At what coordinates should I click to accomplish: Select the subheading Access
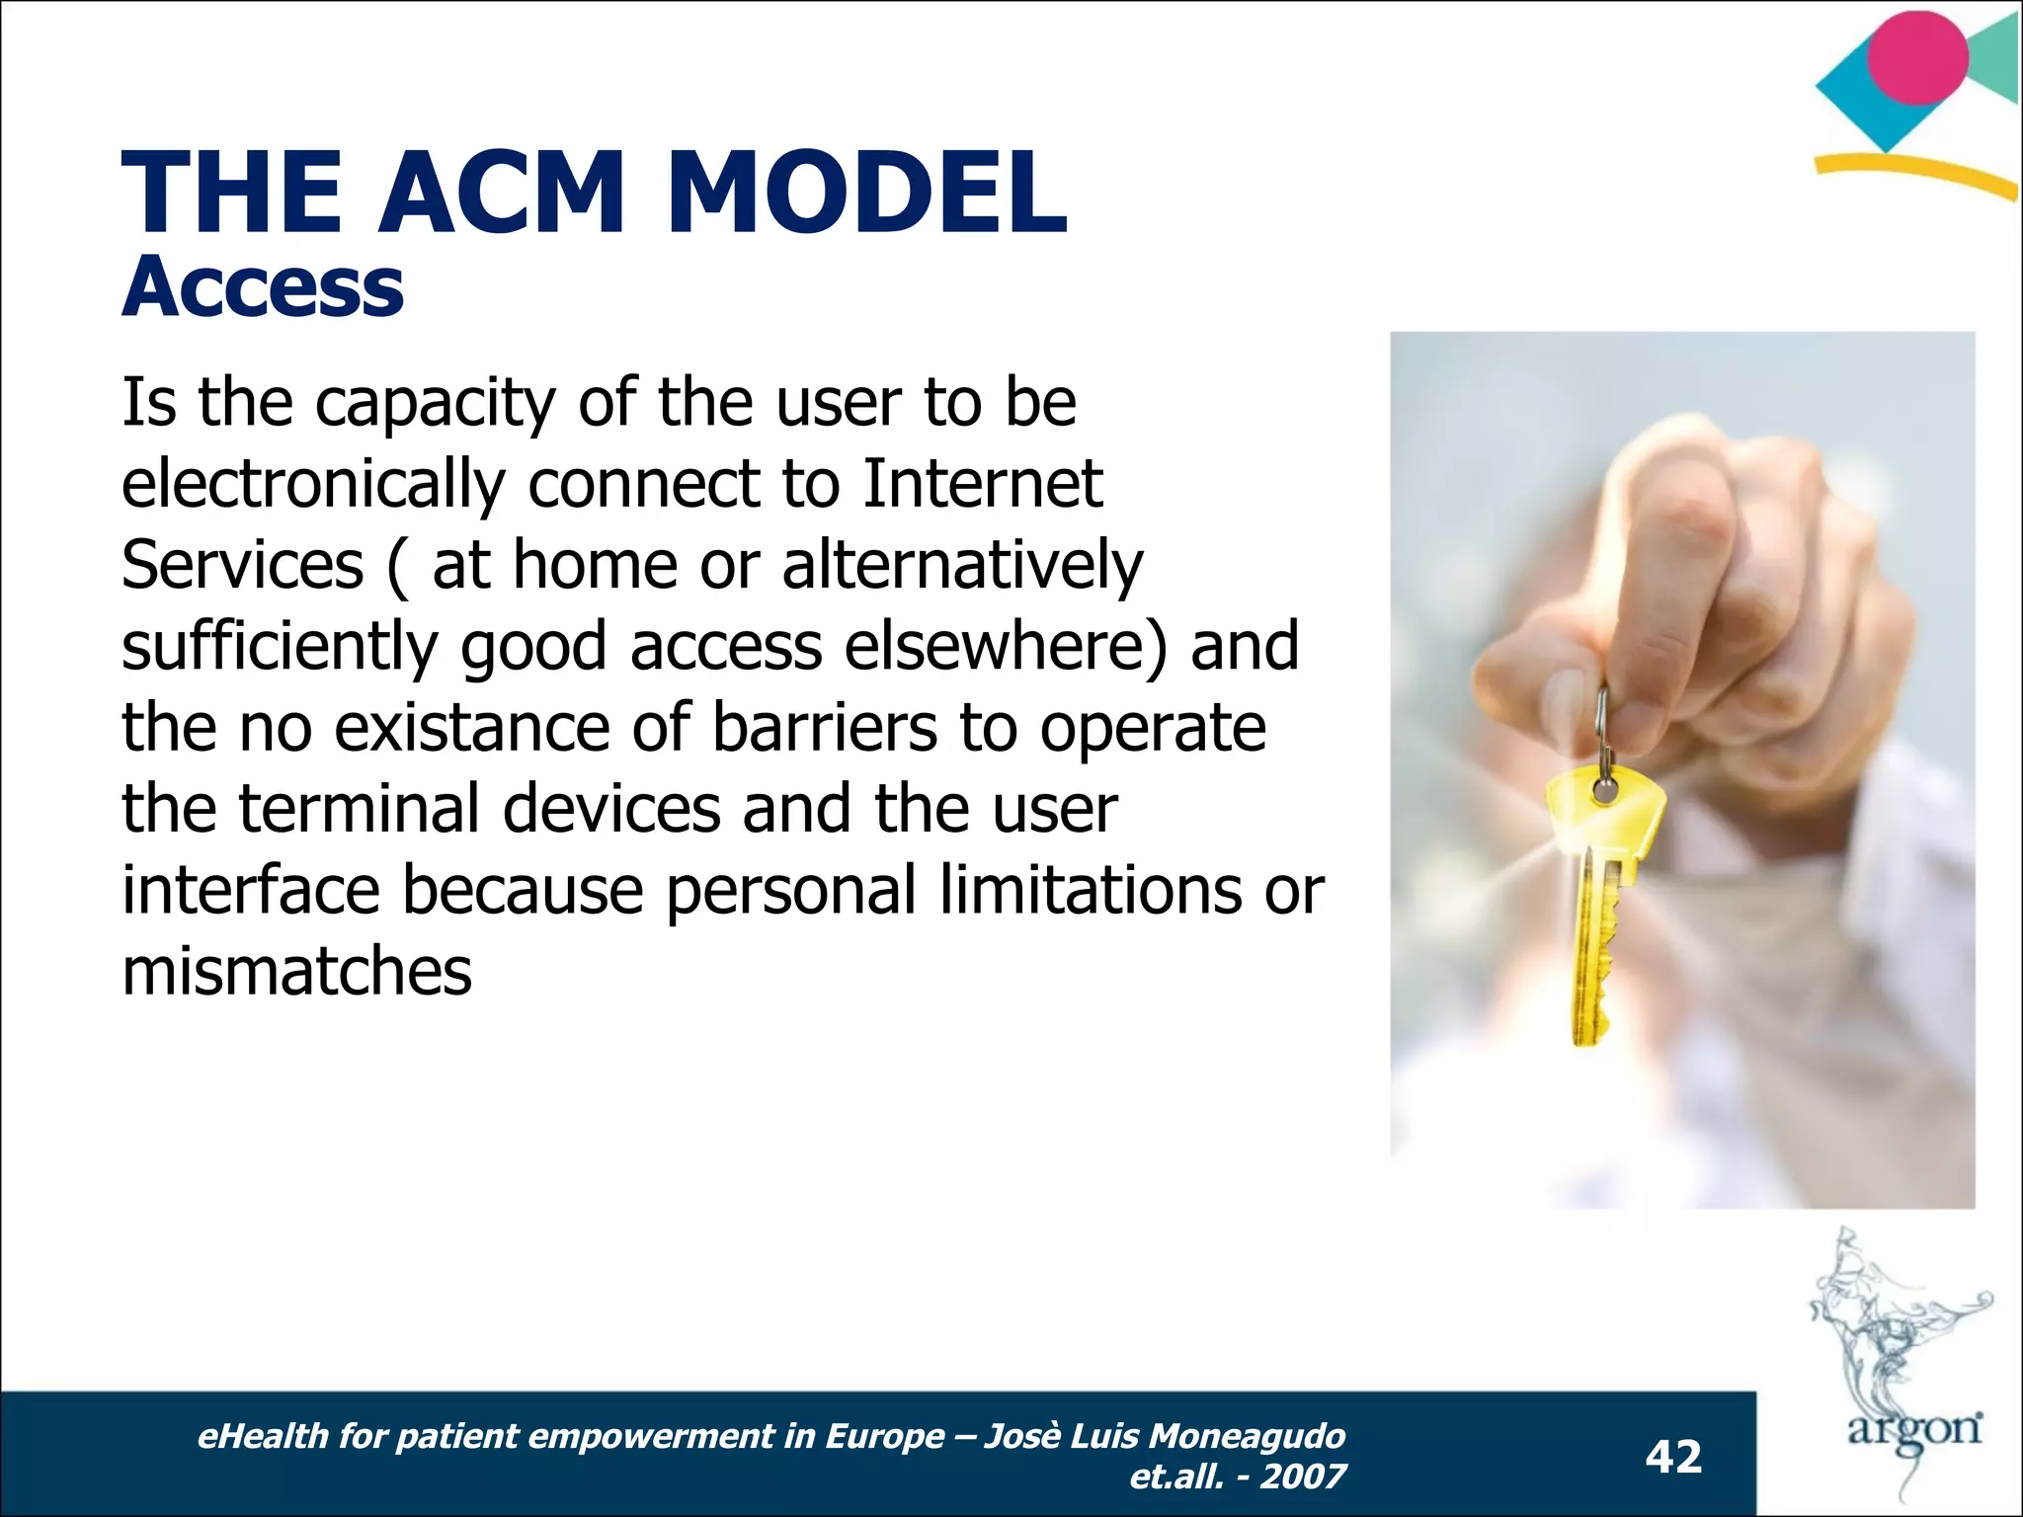click(x=263, y=287)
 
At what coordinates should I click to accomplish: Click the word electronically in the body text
click(x=313, y=484)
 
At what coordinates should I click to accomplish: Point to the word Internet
click(x=982, y=484)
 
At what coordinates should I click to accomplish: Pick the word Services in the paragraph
click(x=242, y=565)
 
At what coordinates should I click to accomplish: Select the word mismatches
click(x=296, y=971)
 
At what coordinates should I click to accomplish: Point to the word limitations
click(x=1091, y=889)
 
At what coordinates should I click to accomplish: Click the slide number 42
click(x=1673, y=1457)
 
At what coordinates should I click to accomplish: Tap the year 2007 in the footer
click(x=1303, y=1477)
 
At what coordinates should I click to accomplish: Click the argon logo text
click(x=1914, y=1429)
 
